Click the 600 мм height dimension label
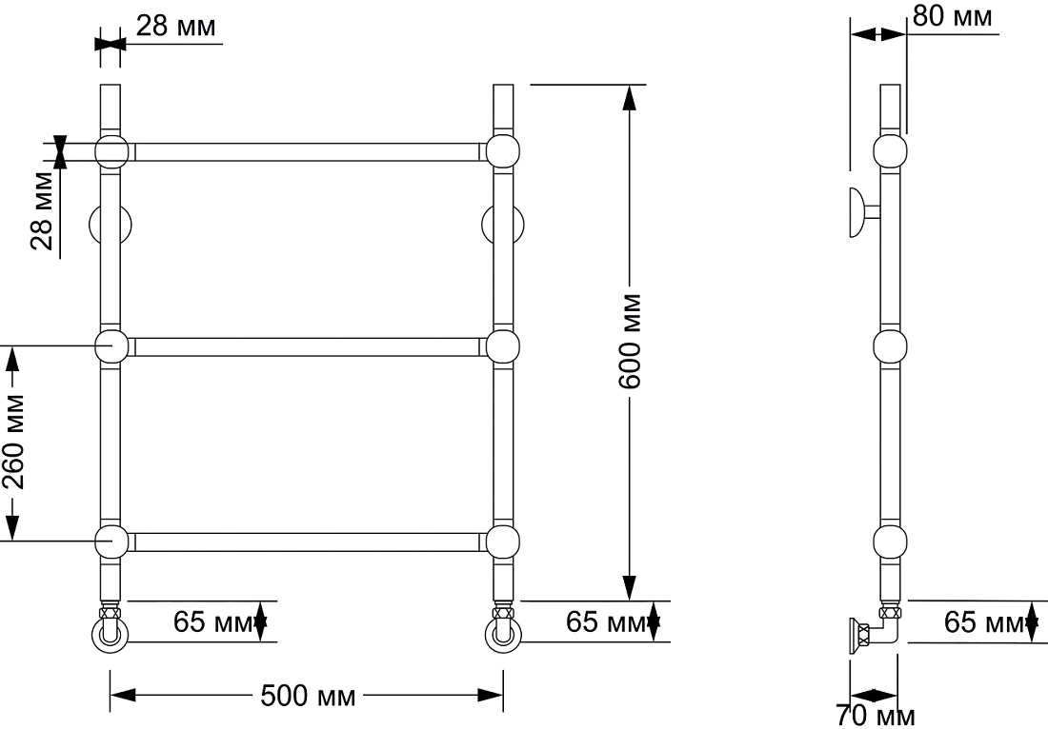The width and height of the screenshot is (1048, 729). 631,341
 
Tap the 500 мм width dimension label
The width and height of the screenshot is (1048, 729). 308,697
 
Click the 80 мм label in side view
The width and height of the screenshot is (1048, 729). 953,16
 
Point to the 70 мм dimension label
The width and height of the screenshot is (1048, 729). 876,717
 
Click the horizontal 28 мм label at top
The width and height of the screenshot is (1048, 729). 176,26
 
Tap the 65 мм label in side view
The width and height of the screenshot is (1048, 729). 984,622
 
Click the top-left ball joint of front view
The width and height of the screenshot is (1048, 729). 111,151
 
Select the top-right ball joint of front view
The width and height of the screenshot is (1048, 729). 503,151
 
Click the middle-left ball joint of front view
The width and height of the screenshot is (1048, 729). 111,346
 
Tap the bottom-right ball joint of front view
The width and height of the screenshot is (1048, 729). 503,542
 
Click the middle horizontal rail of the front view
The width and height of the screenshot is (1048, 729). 308,347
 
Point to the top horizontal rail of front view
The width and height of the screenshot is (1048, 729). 308,152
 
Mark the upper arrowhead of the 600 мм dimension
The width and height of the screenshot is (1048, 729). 628,97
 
